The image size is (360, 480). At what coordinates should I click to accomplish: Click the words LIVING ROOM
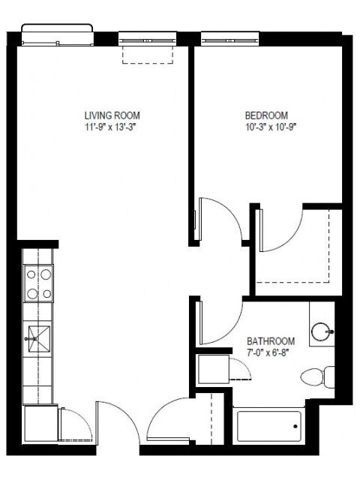point(112,115)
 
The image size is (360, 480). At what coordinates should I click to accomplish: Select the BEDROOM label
point(266,115)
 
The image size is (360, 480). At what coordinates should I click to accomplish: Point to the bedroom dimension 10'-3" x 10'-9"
point(266,126)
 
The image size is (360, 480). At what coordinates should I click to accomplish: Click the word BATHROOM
point(271,340)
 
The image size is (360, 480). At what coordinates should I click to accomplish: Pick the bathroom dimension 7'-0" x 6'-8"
point(271,351)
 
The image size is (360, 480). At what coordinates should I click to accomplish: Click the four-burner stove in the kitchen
point(39,284)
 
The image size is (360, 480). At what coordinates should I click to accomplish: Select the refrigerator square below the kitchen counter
point(40,424)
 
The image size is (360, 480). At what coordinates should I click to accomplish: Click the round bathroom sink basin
point(323,328)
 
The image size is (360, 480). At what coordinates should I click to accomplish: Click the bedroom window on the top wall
point(225,35)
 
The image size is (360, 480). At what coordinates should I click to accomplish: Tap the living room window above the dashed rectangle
point(147,35)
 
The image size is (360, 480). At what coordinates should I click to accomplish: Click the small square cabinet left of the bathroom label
point(212,370)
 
